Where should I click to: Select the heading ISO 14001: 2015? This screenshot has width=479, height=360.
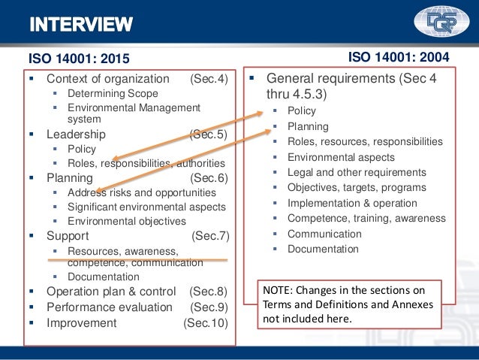(x=79, y=58)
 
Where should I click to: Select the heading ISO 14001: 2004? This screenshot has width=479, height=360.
(x=400, y=56)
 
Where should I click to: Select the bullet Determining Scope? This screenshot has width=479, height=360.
(x=113, y=94)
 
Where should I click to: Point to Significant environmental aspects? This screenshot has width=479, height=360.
(x=146, y=207)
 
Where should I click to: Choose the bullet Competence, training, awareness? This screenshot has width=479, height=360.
(x=366, y=219)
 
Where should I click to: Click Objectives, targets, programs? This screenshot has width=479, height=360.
(x=357, y=188)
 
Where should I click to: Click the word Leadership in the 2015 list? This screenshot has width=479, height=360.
(x=76, y=135)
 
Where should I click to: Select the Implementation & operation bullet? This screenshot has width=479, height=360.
(x=352, y=203)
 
